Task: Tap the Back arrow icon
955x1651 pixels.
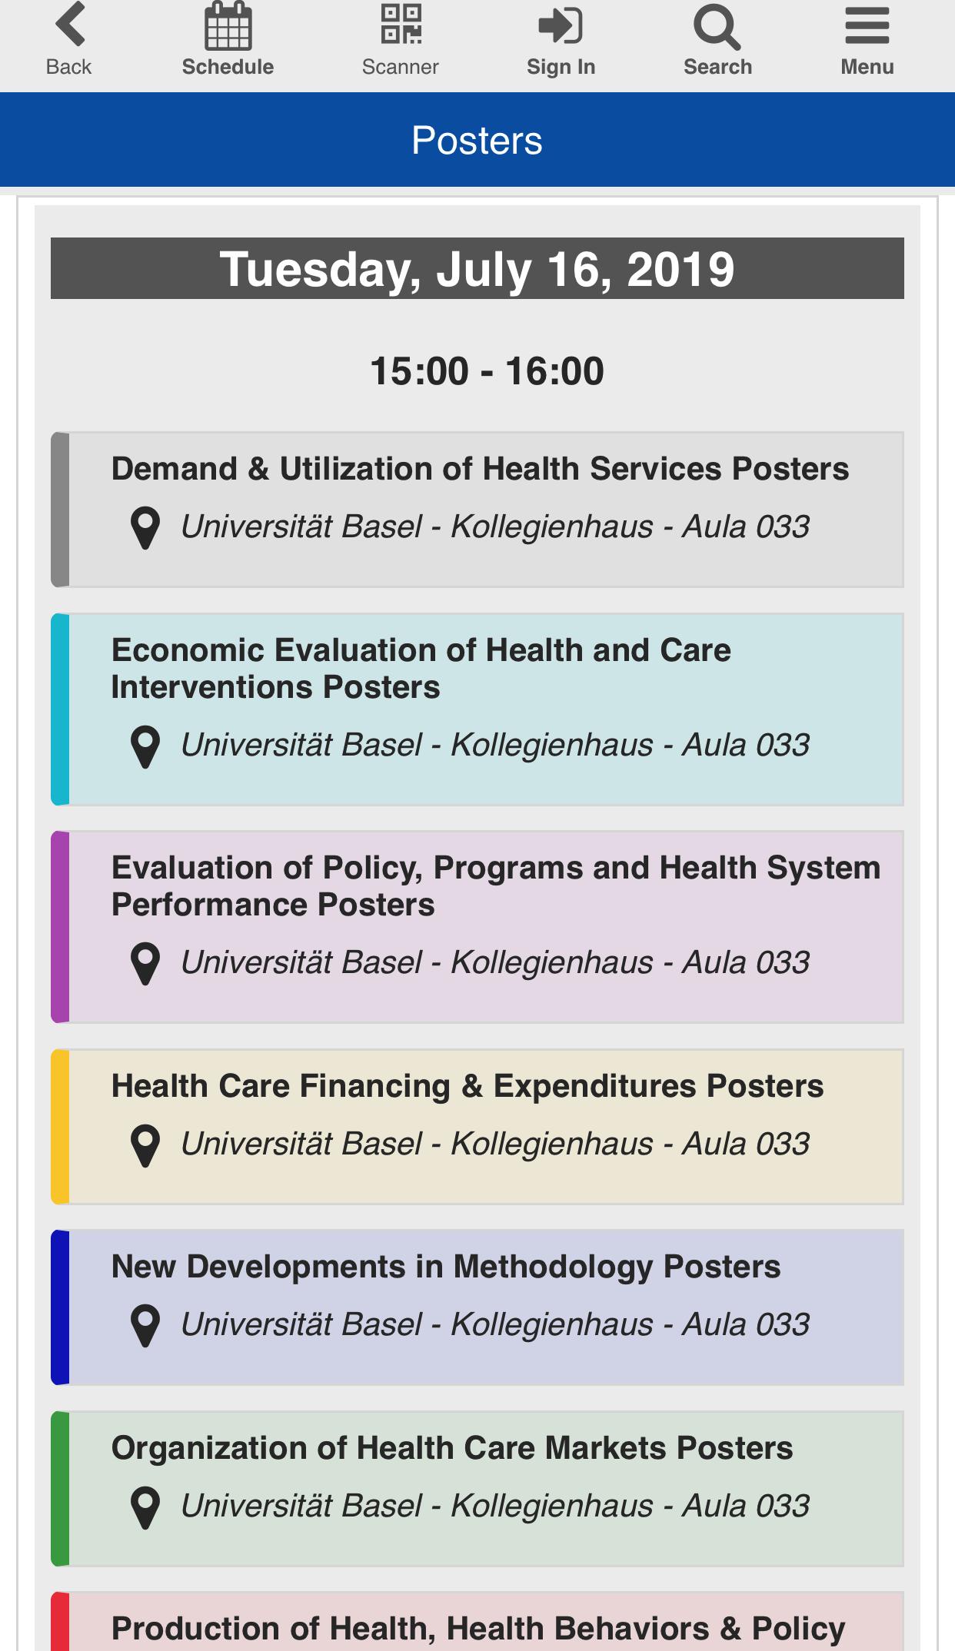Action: click(70, 25)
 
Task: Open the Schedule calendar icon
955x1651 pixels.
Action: click(228, 26)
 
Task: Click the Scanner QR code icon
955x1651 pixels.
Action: click(401, 24)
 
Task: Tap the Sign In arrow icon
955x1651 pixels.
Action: click(561, 25)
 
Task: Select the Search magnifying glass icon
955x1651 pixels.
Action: click(717, 27)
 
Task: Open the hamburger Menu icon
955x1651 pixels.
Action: click(867, 26)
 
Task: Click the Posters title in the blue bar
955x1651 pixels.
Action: click(477, 141)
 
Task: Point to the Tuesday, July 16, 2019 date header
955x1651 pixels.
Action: click(477, 268)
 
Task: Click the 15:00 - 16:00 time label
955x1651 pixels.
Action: click(487, 371)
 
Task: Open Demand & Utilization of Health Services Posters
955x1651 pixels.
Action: click(480, 469)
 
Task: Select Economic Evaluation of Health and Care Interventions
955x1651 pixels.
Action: click(421, 669)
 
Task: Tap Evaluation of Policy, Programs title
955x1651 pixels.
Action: click(496, 886)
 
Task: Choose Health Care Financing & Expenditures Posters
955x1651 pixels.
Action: click(468, 1086)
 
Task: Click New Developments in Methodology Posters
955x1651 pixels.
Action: click(446, 1267)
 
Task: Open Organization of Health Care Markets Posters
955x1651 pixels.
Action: click(452, 1448)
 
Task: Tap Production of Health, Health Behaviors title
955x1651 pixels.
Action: click(478, 1629)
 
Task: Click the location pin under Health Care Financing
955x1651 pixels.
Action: click(145, 1145)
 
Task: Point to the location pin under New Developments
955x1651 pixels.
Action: click(145, 1326)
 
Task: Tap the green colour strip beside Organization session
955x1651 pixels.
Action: click(60, 1489)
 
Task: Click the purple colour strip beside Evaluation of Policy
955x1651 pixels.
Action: click(60, 927)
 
